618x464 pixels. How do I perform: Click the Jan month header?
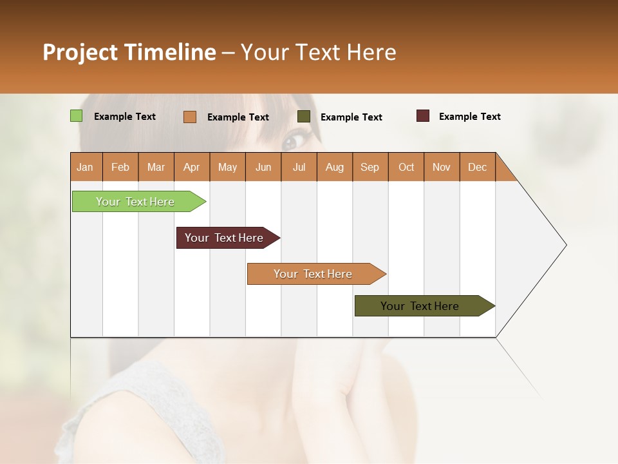tap(85, 167)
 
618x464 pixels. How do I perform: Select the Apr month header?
tap(191, 167)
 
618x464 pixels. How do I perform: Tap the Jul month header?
tap(299, 167)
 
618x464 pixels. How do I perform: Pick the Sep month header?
tap(370, 167)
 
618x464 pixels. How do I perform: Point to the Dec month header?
tap(477, 167)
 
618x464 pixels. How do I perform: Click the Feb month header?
tap(120, 167)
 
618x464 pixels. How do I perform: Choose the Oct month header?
tap(406, 167)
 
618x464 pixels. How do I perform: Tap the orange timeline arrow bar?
tap(314, 274)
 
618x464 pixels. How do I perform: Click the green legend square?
tap(77, 116)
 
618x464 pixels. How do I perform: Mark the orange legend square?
tap(190, 117)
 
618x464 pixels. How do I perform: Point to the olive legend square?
tap(304, 117)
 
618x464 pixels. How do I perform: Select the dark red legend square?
tap(423, 116)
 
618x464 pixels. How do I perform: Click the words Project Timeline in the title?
tap(129, 52)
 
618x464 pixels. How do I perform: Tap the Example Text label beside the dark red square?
tap(469, 117)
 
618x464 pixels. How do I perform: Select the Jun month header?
tap(263, 167)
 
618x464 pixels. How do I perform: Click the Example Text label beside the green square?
tap(125, 117)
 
